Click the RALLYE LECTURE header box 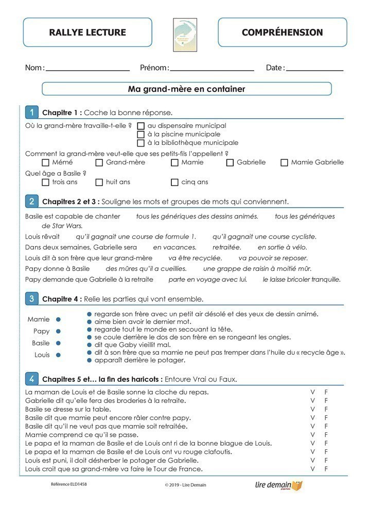click(87, 32)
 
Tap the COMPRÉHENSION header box click(282, 32)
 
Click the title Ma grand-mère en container click(186, 89)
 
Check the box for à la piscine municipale click(141, 135)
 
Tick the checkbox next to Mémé click(45, 162)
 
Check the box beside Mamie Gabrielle click(284, 162)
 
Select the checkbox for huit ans click(99, 182)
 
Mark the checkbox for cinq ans click(174, 182)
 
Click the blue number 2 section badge click(32, 201)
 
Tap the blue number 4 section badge click(32, 379)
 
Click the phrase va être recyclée click(195, 258)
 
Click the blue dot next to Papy click(58, 332)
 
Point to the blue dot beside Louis click(58, 355)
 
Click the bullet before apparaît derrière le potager click(90, 361)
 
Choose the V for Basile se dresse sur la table click(312, 409)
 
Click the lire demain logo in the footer click(278, 485)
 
